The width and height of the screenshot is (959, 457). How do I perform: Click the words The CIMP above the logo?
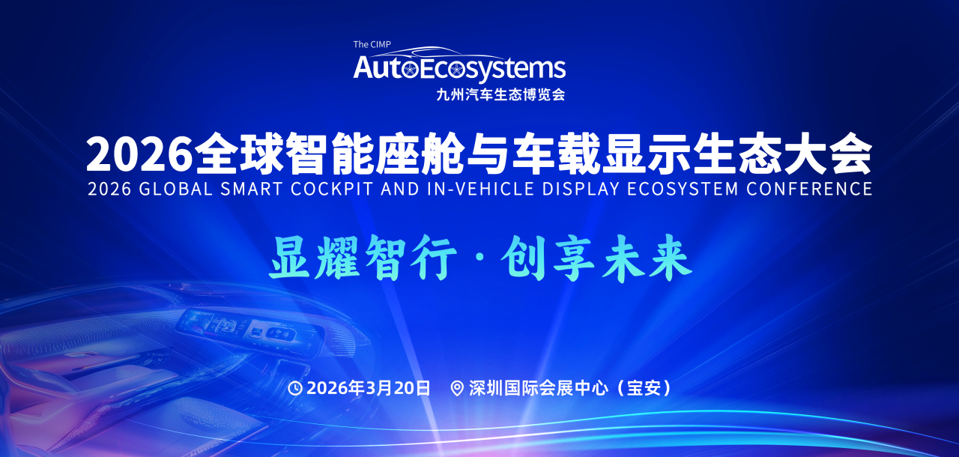click(x=372, y=44)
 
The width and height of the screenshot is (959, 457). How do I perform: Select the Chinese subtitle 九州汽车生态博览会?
click(x=500, y=95)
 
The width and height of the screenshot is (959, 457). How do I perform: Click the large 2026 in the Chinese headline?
click(x=139, y=154)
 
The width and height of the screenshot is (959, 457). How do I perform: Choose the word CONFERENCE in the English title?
click(x=810, y=189)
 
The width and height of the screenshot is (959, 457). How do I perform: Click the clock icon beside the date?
click(x=295, y=388)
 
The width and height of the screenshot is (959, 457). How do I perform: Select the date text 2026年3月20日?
click(x=369, y=388)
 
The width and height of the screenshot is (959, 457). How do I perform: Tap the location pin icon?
click(x=457, y=388)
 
